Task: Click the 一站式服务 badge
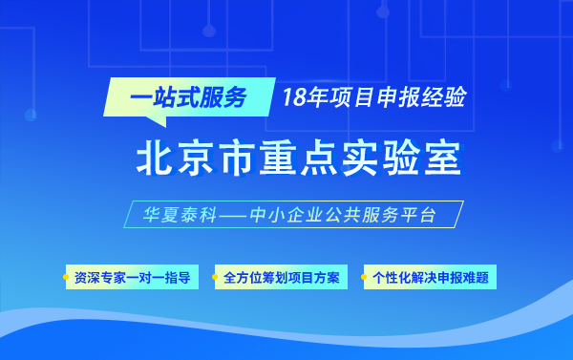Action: (180, 96)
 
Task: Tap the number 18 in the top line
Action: (292, 96)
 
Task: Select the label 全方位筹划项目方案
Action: (282, 278)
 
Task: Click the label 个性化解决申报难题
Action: (431, 278)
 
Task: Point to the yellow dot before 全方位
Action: (217, 278)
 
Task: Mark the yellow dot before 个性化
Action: (365, 278)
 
